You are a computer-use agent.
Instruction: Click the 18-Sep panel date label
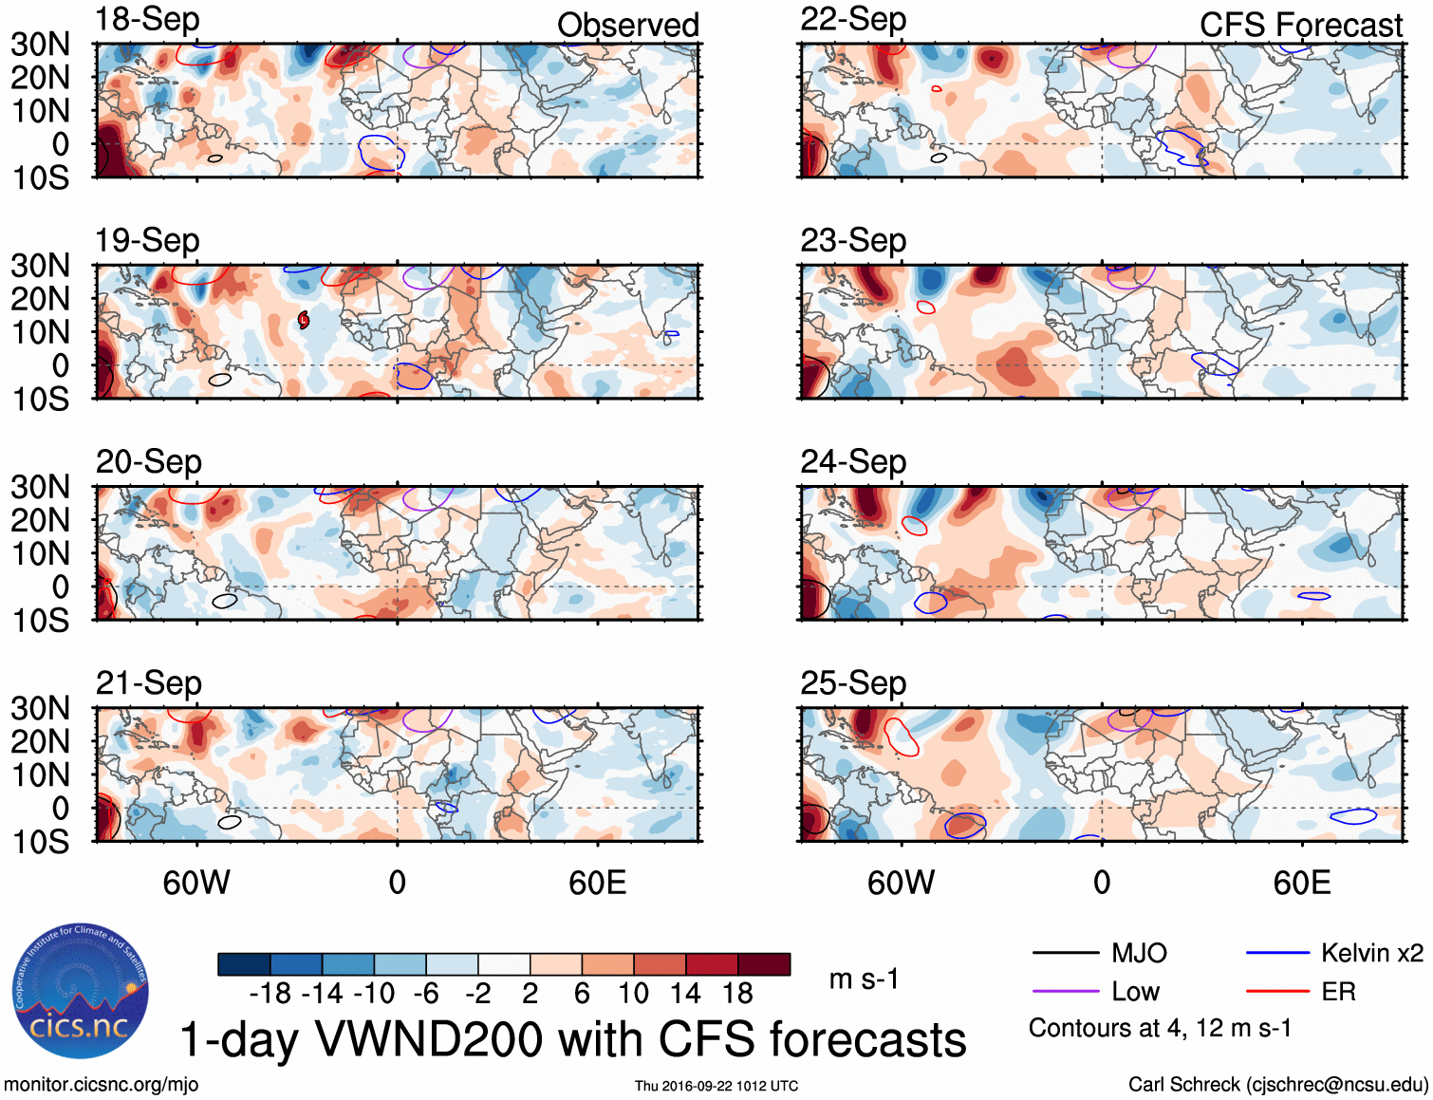[147, 20]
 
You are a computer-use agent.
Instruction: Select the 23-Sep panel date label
[852, 241]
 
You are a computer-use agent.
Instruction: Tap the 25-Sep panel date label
[852, 683]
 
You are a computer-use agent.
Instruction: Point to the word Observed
[627, 26]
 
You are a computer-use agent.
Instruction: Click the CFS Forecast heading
[1300, 26]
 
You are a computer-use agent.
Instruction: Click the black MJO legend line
[1065, 953]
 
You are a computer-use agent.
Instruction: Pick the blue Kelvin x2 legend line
[1277, 953]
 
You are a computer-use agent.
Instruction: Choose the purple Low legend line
[1065, 992]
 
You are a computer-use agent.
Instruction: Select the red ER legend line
[1277, 992]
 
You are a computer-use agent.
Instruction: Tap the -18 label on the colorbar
[270, 994]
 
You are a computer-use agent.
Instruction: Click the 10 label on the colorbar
[633, 994]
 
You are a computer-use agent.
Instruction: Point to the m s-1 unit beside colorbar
[864, 979]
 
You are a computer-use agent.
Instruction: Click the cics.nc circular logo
[81, 992]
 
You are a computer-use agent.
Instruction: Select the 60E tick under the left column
[597, 884]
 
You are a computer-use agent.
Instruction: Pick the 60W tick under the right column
[901, 884]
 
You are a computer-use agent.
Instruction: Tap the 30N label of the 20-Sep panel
[40, 488]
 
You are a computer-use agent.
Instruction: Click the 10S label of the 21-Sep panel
[40, 842]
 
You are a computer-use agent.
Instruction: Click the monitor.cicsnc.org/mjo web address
[101, 1085]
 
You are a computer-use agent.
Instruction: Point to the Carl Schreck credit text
[1277, 1085]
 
